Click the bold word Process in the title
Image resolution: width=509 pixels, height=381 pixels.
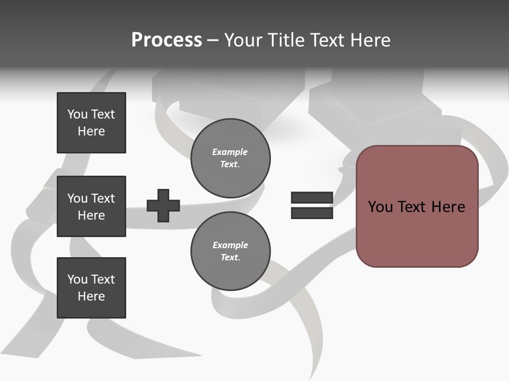[x=166, y=40]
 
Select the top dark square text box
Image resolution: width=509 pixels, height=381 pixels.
[x=91, y=123]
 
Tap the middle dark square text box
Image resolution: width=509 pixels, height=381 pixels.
[x=91, y=206]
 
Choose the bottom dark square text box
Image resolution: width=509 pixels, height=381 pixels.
[x=91, y=288]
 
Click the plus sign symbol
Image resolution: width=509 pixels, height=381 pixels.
[x=163, y=205]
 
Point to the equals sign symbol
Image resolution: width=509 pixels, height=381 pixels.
[x=312, y=205]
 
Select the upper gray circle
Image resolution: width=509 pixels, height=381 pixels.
[x=231, y=158]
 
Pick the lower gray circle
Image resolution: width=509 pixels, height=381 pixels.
[x=231, y=251]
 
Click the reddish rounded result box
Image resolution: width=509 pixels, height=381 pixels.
[x=417, y=206]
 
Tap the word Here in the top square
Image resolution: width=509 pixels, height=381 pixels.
[x=91, y=131]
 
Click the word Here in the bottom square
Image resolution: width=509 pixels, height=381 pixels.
[x=91, y=296]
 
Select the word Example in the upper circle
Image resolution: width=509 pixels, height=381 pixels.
[x=230, y=152]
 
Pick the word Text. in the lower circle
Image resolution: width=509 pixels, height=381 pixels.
[x=231, y=258]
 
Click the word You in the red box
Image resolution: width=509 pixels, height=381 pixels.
[x=381, y=207]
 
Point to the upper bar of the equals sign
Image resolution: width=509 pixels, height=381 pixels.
[x=312, y=197]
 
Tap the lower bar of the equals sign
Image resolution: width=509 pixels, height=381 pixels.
[x=312, y=213]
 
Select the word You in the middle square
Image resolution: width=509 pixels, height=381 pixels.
[x=77, y=198]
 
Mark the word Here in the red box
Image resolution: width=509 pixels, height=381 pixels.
[x=448, y=207]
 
